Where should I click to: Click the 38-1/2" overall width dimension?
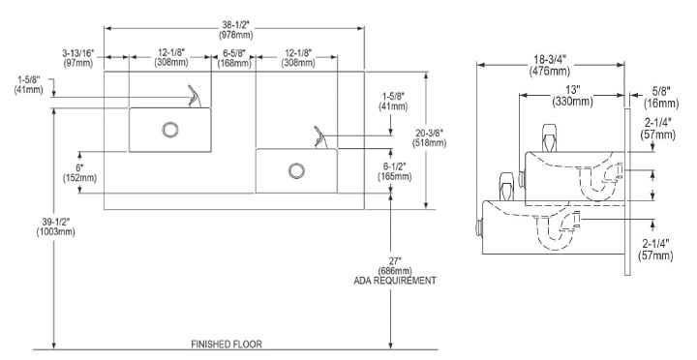pyautogui.click(x=235, y=28)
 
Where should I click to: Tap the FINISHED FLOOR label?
pyautogui.click(x=227, y=345)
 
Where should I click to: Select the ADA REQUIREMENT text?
pyautogui.click(x=395, y=281)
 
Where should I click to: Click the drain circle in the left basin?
pyautogui.click(x=169, y=130)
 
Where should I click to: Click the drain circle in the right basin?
pyautogui.click(x=296, y=170)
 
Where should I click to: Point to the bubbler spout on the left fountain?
pyautogui.click(x=194, y=97)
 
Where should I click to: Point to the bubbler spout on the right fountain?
pyautogui.click(x=320, y=137)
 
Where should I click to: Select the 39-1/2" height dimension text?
pyautogui.click(x=56, y=226)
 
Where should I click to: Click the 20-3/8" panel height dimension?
pyautogui.click(x=430, y=137)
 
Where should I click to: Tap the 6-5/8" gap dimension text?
pyautogui.click(x=234, y=58)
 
